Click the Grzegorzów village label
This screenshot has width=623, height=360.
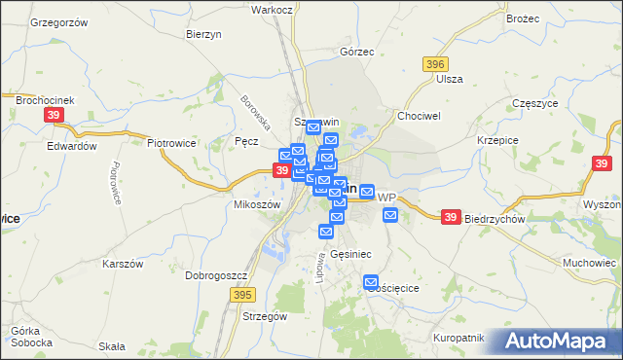pos(60,21)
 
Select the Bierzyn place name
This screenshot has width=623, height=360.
pos(204,33)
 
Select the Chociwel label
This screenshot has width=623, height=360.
pos(420,114)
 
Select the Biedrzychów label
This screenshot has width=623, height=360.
pos(495,219)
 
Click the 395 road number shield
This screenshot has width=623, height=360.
pos(242,293)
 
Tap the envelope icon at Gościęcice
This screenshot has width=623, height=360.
pos(371,283)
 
